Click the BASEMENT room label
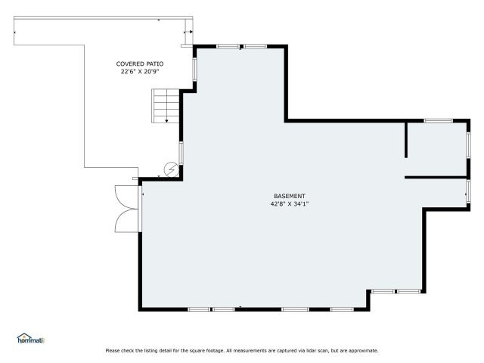290,196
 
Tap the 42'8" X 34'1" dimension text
290,203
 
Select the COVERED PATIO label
140,64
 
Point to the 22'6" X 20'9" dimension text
140,72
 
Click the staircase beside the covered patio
166,106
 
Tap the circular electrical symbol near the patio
172,169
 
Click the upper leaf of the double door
126,197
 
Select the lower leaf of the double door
126,221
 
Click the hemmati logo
30,338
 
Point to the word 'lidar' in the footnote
312,351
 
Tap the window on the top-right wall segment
439,121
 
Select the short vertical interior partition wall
406,140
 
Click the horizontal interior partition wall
436,178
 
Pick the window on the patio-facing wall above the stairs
195,70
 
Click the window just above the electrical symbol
181,153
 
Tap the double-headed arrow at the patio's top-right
188,32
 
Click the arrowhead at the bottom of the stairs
166,121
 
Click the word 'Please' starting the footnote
113,351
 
